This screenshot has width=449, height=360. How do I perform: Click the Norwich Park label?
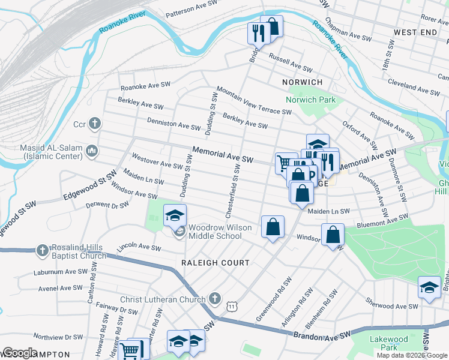[x=310, y=100]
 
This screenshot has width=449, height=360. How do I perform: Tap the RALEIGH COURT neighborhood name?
[x=215, y=263]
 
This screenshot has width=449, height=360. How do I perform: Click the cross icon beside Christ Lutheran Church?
[x=215, y=299]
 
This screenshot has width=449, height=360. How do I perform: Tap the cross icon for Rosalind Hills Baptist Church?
[x=43, y=250]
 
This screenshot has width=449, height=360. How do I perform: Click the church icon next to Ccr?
[x=94, y=124]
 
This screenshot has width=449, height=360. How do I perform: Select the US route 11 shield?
[x=231, y=307]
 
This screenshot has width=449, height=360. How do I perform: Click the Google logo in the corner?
[x=20, y=353]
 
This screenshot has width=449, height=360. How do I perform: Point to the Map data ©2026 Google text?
[x=411, y=355]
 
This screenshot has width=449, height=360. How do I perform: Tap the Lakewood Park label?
[x=388, y=343]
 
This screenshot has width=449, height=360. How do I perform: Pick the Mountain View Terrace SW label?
[x=254, y=100]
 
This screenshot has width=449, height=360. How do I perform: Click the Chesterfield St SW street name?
[x=232, y=193]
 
